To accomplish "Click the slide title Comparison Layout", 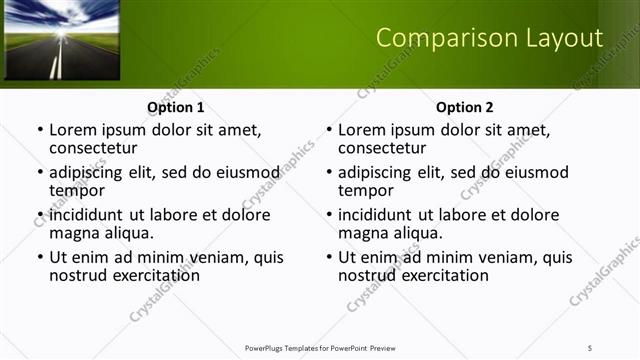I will (489, 38).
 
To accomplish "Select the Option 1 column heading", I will (176, 107).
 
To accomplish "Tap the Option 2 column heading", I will (465, 107).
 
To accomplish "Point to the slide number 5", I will (590, 347).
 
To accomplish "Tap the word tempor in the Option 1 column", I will (77, 190).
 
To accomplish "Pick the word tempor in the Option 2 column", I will (366, 190).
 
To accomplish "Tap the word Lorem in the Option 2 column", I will (361, 130).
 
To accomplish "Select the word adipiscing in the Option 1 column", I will (91, 172).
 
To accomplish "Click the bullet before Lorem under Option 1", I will (39, 131).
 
